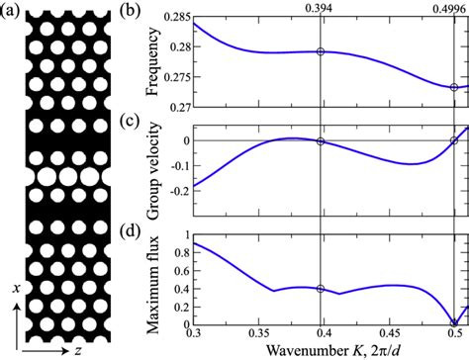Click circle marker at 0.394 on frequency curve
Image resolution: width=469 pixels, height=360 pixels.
320,51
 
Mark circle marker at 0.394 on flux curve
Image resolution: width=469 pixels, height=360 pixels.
320,289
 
